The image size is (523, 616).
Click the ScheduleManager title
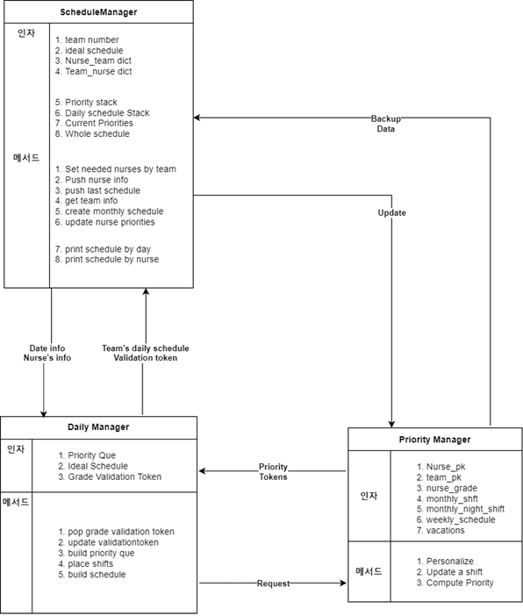tap(98, 12)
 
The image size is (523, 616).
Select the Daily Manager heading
tap(98, 427)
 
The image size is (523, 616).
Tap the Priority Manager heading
tap(434, 440)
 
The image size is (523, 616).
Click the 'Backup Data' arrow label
tap(386, 124)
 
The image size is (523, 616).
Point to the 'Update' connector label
tap(391, 213)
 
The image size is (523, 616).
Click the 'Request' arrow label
tap(273, 584)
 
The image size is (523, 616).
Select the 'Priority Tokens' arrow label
tap(273, 472)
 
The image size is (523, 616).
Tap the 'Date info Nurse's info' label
tap(47, 353)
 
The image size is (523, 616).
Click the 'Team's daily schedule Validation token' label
tap(146, 353)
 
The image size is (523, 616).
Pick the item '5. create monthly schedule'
tap(109, 211)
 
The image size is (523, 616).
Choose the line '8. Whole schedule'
tap(92, 134)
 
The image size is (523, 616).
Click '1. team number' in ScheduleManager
tap(87, 40)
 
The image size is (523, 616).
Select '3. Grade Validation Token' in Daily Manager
tap(110, 477)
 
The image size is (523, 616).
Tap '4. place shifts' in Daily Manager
tap(86, 563)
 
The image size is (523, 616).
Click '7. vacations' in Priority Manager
tap(441, 531)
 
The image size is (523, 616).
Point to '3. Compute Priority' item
tap(455, 583)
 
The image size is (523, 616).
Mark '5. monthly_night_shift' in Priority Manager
tap(461, 509)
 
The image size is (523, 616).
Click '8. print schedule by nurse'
tap(107, 260)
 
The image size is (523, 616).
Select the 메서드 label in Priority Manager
tap(369, 571)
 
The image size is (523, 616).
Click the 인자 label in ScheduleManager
tap(26, 33)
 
